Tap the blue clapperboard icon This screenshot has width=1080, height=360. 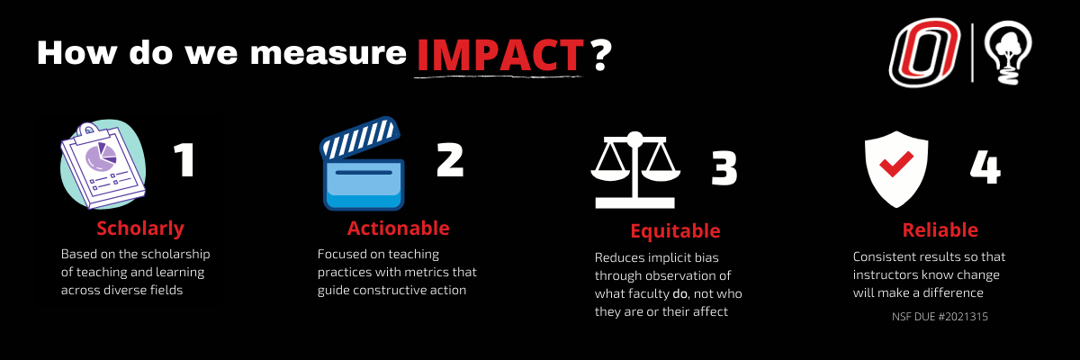click(x=362, y=164)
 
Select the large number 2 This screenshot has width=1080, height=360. click(x=450, y=159)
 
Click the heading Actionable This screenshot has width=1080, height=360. click(x=398, y=228)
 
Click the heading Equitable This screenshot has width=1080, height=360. click(x=675, y=231)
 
